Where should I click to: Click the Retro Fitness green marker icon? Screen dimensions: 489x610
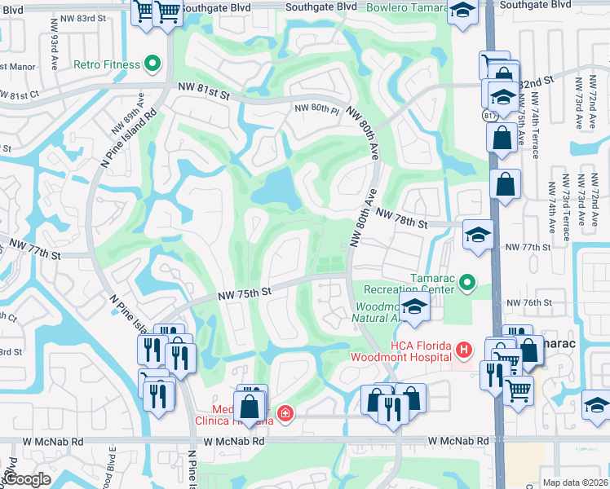pos(152,64)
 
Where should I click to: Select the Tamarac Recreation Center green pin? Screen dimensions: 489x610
pos(466,283)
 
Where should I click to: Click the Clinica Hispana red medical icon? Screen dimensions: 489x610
pos(285,413)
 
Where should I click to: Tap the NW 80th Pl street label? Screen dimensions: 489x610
pos(316,108)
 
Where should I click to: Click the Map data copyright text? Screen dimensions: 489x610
pos(574,482)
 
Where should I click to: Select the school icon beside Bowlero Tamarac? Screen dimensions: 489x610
pos(463,11)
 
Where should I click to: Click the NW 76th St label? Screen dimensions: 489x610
pos(529,303)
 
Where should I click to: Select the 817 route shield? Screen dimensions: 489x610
pos(488,116)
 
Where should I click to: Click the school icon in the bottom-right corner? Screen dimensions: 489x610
pos(597,404)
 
